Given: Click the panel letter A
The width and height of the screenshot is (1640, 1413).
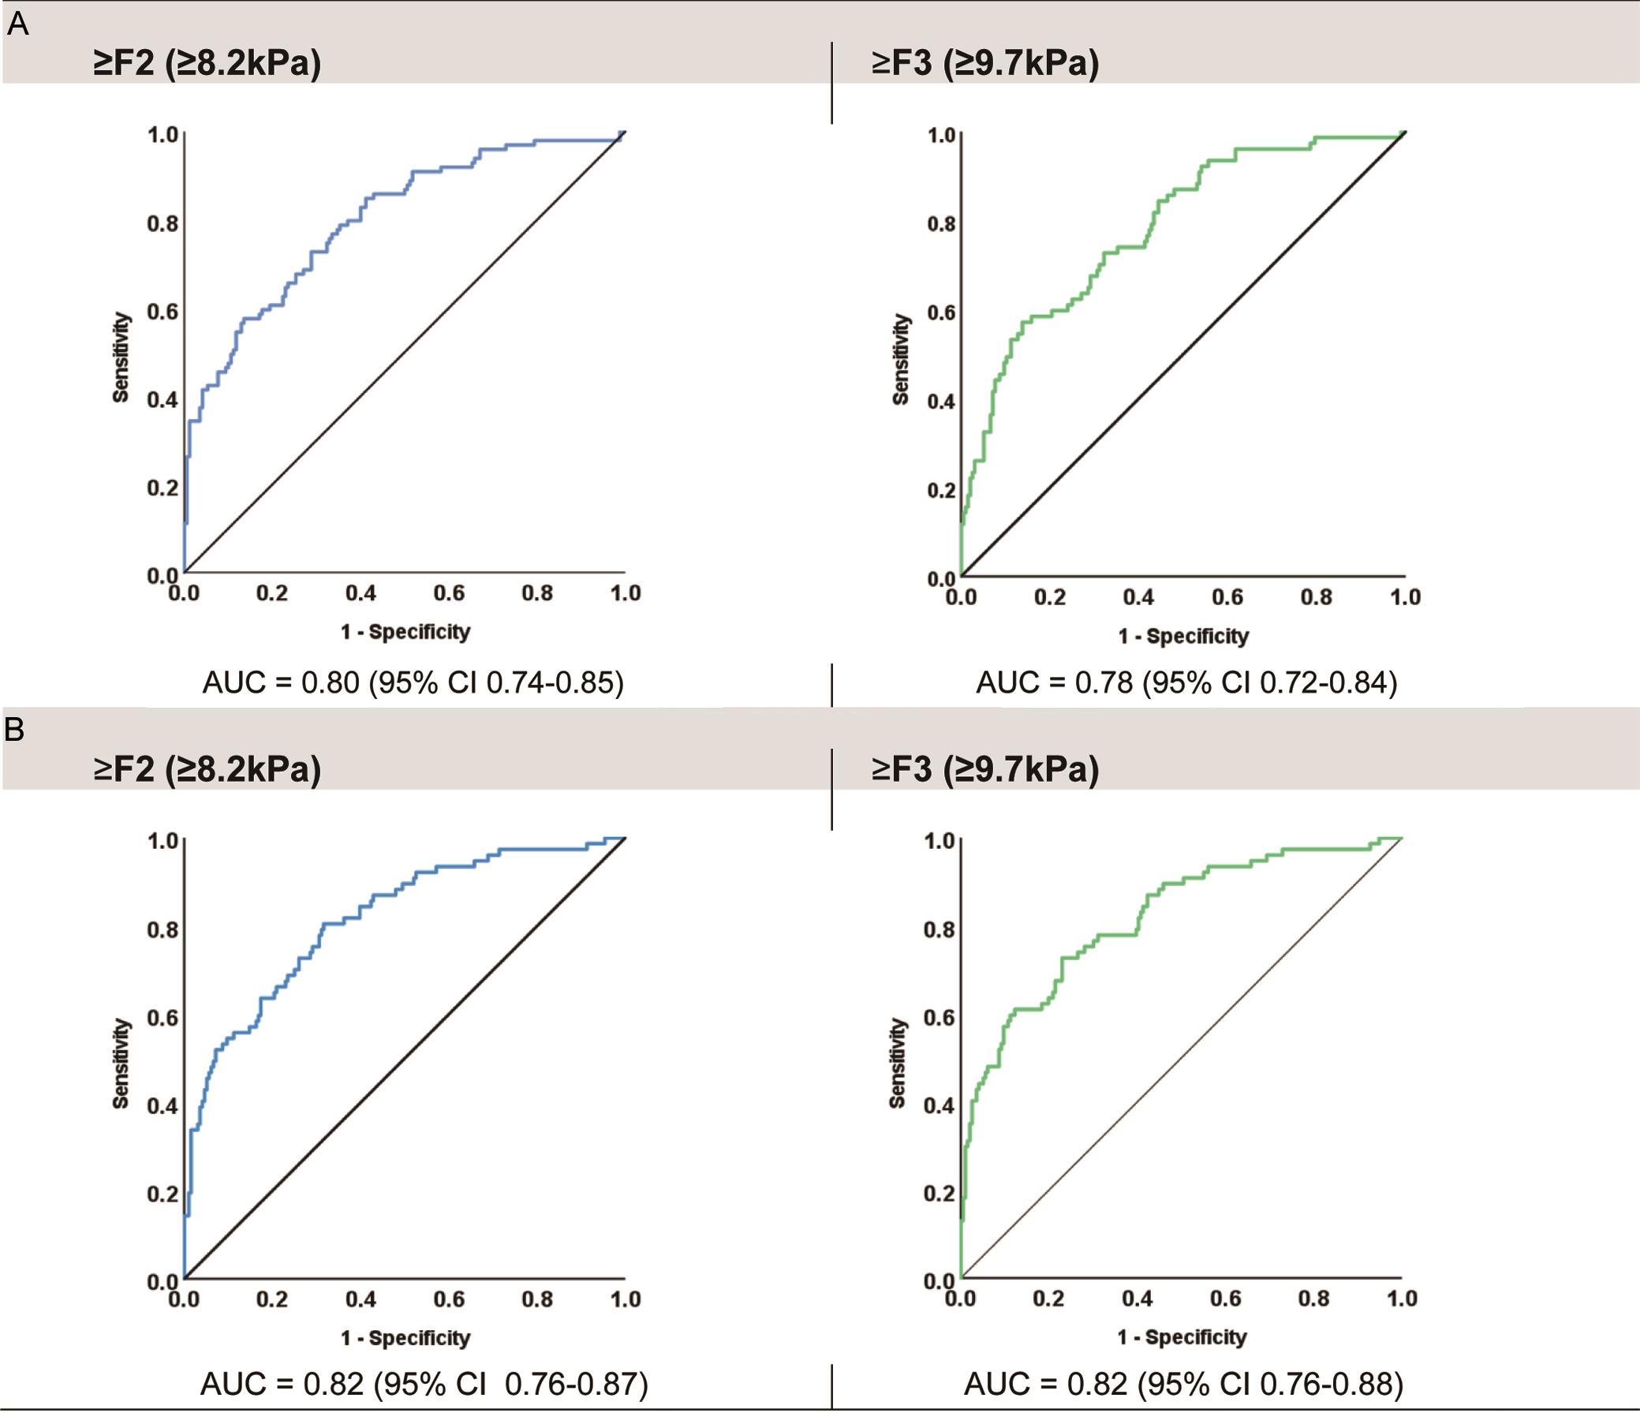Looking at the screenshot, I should pos(17,25).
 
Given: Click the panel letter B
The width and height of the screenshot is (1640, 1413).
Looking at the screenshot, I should pos(15,730).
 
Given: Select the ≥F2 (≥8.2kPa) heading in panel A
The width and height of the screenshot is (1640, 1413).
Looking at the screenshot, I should pos(207,63).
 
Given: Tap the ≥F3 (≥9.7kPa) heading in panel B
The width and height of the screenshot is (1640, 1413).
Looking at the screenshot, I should pos(984,769).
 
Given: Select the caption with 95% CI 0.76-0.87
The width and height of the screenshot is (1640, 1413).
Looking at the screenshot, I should pos(424,1384).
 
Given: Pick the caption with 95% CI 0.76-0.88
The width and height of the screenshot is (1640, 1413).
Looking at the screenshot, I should pos(1183,1384).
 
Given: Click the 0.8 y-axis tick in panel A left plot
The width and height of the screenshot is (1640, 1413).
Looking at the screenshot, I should pos(163,224).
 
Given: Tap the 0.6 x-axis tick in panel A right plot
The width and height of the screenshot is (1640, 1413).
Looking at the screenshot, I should pos(1227,598).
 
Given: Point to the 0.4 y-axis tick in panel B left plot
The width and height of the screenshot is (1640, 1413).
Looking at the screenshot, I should pos(163,1106).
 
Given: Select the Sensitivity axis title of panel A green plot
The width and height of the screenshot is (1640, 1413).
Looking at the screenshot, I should pos(900,360).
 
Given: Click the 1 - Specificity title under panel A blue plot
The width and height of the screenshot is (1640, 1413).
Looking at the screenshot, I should pos(405,632).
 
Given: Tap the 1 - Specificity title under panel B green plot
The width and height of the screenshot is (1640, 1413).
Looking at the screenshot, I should pos(1182,1337).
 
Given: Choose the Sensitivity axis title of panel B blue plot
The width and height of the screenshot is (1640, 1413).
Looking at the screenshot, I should pos(121,1063).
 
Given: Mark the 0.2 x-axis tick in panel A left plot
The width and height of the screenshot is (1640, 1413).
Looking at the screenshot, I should pos(271,593).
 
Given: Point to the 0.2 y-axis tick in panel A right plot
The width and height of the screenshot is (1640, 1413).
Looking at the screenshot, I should pos(942,490).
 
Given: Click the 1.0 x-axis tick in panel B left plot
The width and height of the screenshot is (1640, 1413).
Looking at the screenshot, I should pos(626,1299).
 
